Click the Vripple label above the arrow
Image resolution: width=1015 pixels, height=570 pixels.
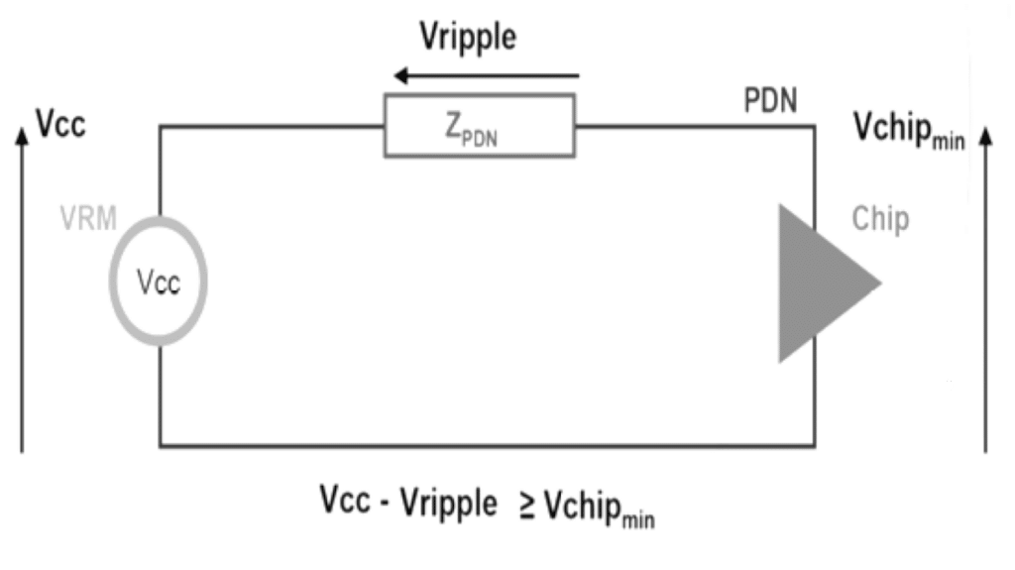(468, 38)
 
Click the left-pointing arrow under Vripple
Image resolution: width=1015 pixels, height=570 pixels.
(486, 75)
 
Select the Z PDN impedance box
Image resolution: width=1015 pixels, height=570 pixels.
(480, 126)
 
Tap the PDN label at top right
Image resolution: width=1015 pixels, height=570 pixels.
(770, 100)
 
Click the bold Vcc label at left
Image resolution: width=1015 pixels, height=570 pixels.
(60, 124)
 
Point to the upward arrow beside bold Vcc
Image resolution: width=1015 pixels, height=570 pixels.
(22, 287)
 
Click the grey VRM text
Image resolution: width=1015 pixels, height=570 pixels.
(88, 218)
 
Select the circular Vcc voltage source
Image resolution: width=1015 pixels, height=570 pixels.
(159, 282)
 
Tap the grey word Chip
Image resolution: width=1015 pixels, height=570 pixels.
(880, 219)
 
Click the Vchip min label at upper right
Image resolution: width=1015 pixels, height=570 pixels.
(908, 130)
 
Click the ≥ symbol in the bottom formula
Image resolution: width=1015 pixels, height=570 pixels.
(526, 506)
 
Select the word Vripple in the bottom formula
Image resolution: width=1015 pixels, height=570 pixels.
(448, 504)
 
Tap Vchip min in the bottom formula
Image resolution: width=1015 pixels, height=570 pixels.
(600, 508)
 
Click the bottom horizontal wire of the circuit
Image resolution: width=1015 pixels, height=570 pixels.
(486, 446)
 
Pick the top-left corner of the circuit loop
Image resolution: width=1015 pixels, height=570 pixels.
(161, 127)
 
